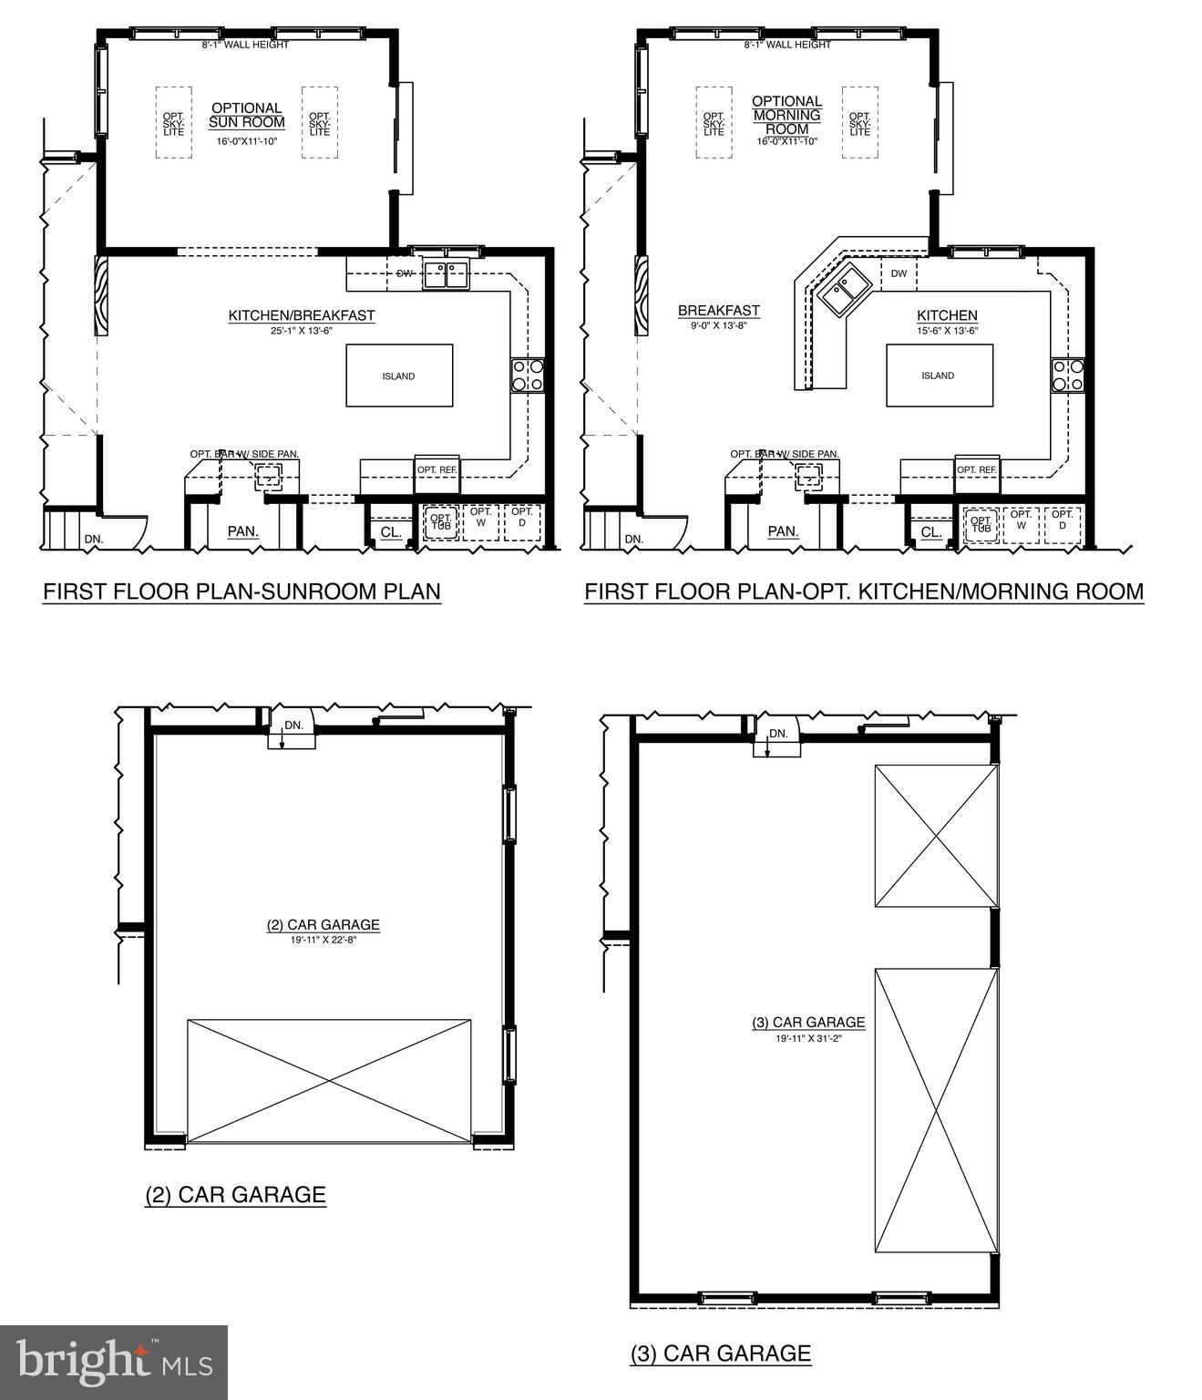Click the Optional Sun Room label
246,115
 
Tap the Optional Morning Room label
786,115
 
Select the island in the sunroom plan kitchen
399,376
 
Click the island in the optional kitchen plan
939,376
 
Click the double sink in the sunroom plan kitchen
446,274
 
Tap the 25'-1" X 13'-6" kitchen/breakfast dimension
301,330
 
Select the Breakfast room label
718,311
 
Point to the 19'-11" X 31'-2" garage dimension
807,1037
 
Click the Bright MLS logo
114,1363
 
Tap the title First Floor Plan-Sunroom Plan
241,592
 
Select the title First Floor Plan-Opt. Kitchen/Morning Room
863,592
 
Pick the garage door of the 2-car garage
329,1081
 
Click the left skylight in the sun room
173,123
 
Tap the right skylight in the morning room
859,123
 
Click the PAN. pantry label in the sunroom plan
242,531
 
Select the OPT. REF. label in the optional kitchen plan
977,469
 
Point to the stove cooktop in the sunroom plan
529,375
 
